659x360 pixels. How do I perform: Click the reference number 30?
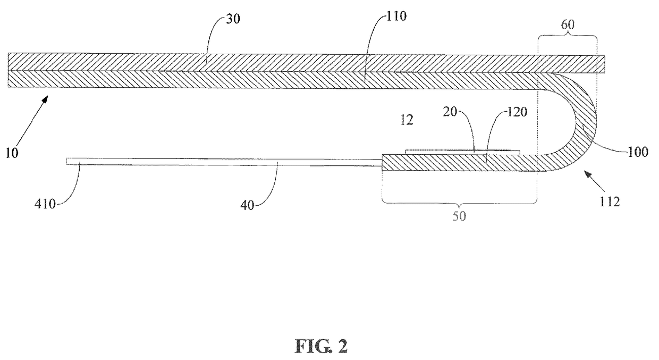pyautogui.click(x=233, y=19)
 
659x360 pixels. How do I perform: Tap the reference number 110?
pyautogui.click(x=396, y=16)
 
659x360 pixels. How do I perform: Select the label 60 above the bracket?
pyautogui.click(x=568, y=24)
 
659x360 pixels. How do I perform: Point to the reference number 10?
pyautogui.click(x=12, y=153)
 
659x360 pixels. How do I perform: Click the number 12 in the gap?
pyautogui.click(x=407, y=120)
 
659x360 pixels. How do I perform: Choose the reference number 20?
pyautogui.click(x=450, y=112)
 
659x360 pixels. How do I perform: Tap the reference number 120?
pyautogui.click(x=517, y=112)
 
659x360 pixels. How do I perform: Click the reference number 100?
pyautogui.click(x=638, y=152)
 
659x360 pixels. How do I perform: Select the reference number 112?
pyautogui.click(x=610, y=202)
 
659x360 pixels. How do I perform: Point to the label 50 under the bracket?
pyautogui.click(x=459, y=216)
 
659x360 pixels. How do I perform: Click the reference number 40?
pyautogui.click(x=247, y=205)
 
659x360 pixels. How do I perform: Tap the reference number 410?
pyautogui.click(x=45, y=204)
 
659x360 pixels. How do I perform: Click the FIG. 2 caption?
pyautogui.click(x=321, y=346)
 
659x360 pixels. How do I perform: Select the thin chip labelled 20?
pyautogui.click(x=462, y=152)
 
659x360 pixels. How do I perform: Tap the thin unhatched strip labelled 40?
pyautogui.click(x=224, y=162)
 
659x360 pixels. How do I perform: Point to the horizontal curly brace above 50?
pyautogui.click(x=459, y=203)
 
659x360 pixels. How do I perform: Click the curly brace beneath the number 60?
pyautogui.click(x=568, y=35)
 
